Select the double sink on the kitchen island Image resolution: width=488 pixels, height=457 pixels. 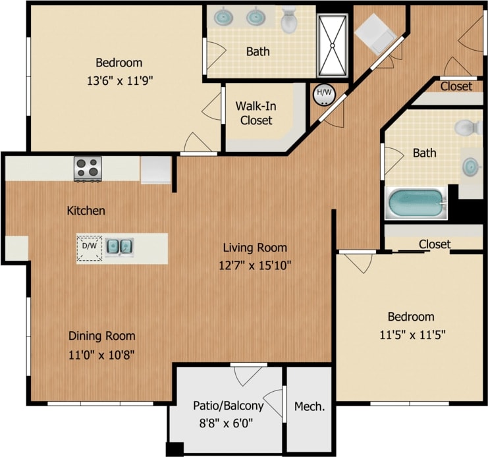click(x=120, y=246)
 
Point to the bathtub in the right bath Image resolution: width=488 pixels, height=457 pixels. click(x=416, y=204)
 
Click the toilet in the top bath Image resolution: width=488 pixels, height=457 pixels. click(x=289, y=21)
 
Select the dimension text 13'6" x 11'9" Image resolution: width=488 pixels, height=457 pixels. click(x=119, y=81)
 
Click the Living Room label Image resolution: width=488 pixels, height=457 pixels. click(x=254, y=248)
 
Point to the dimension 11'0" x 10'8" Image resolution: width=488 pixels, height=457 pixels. click(x=102, y=354)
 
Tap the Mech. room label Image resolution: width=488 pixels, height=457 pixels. click(x=309, y=406)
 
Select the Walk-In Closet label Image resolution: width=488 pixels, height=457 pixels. click(x=256, y=113)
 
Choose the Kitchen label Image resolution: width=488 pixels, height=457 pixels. click(x=86, y=211)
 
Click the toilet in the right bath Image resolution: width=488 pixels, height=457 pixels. click(x=469, y=127)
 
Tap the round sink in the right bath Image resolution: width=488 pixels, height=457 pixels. click(x=472, y=166)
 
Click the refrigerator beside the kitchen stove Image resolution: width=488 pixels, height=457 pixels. click(x=156, y=169)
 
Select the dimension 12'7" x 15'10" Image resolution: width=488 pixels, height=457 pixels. click(x=254, y=265)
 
